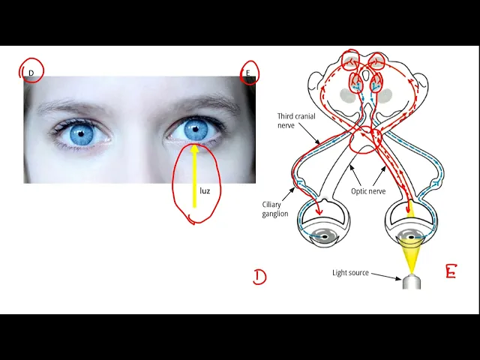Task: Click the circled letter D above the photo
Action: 31,72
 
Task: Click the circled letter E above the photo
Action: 248,73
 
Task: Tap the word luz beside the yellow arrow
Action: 205,190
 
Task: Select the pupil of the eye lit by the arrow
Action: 196,130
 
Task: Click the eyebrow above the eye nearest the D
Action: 79,106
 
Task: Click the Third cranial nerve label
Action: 296,120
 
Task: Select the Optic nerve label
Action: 368,191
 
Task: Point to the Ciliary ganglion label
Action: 274,208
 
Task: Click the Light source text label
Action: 350,272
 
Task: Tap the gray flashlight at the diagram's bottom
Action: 410,282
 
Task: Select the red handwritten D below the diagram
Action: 259,277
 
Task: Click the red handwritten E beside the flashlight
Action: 450,271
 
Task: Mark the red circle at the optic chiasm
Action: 365,139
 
